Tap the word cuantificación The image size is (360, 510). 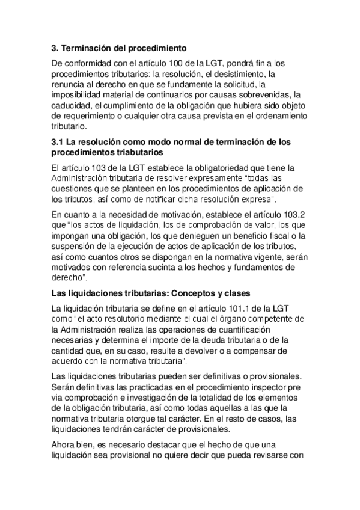click(x=240, y=330)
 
